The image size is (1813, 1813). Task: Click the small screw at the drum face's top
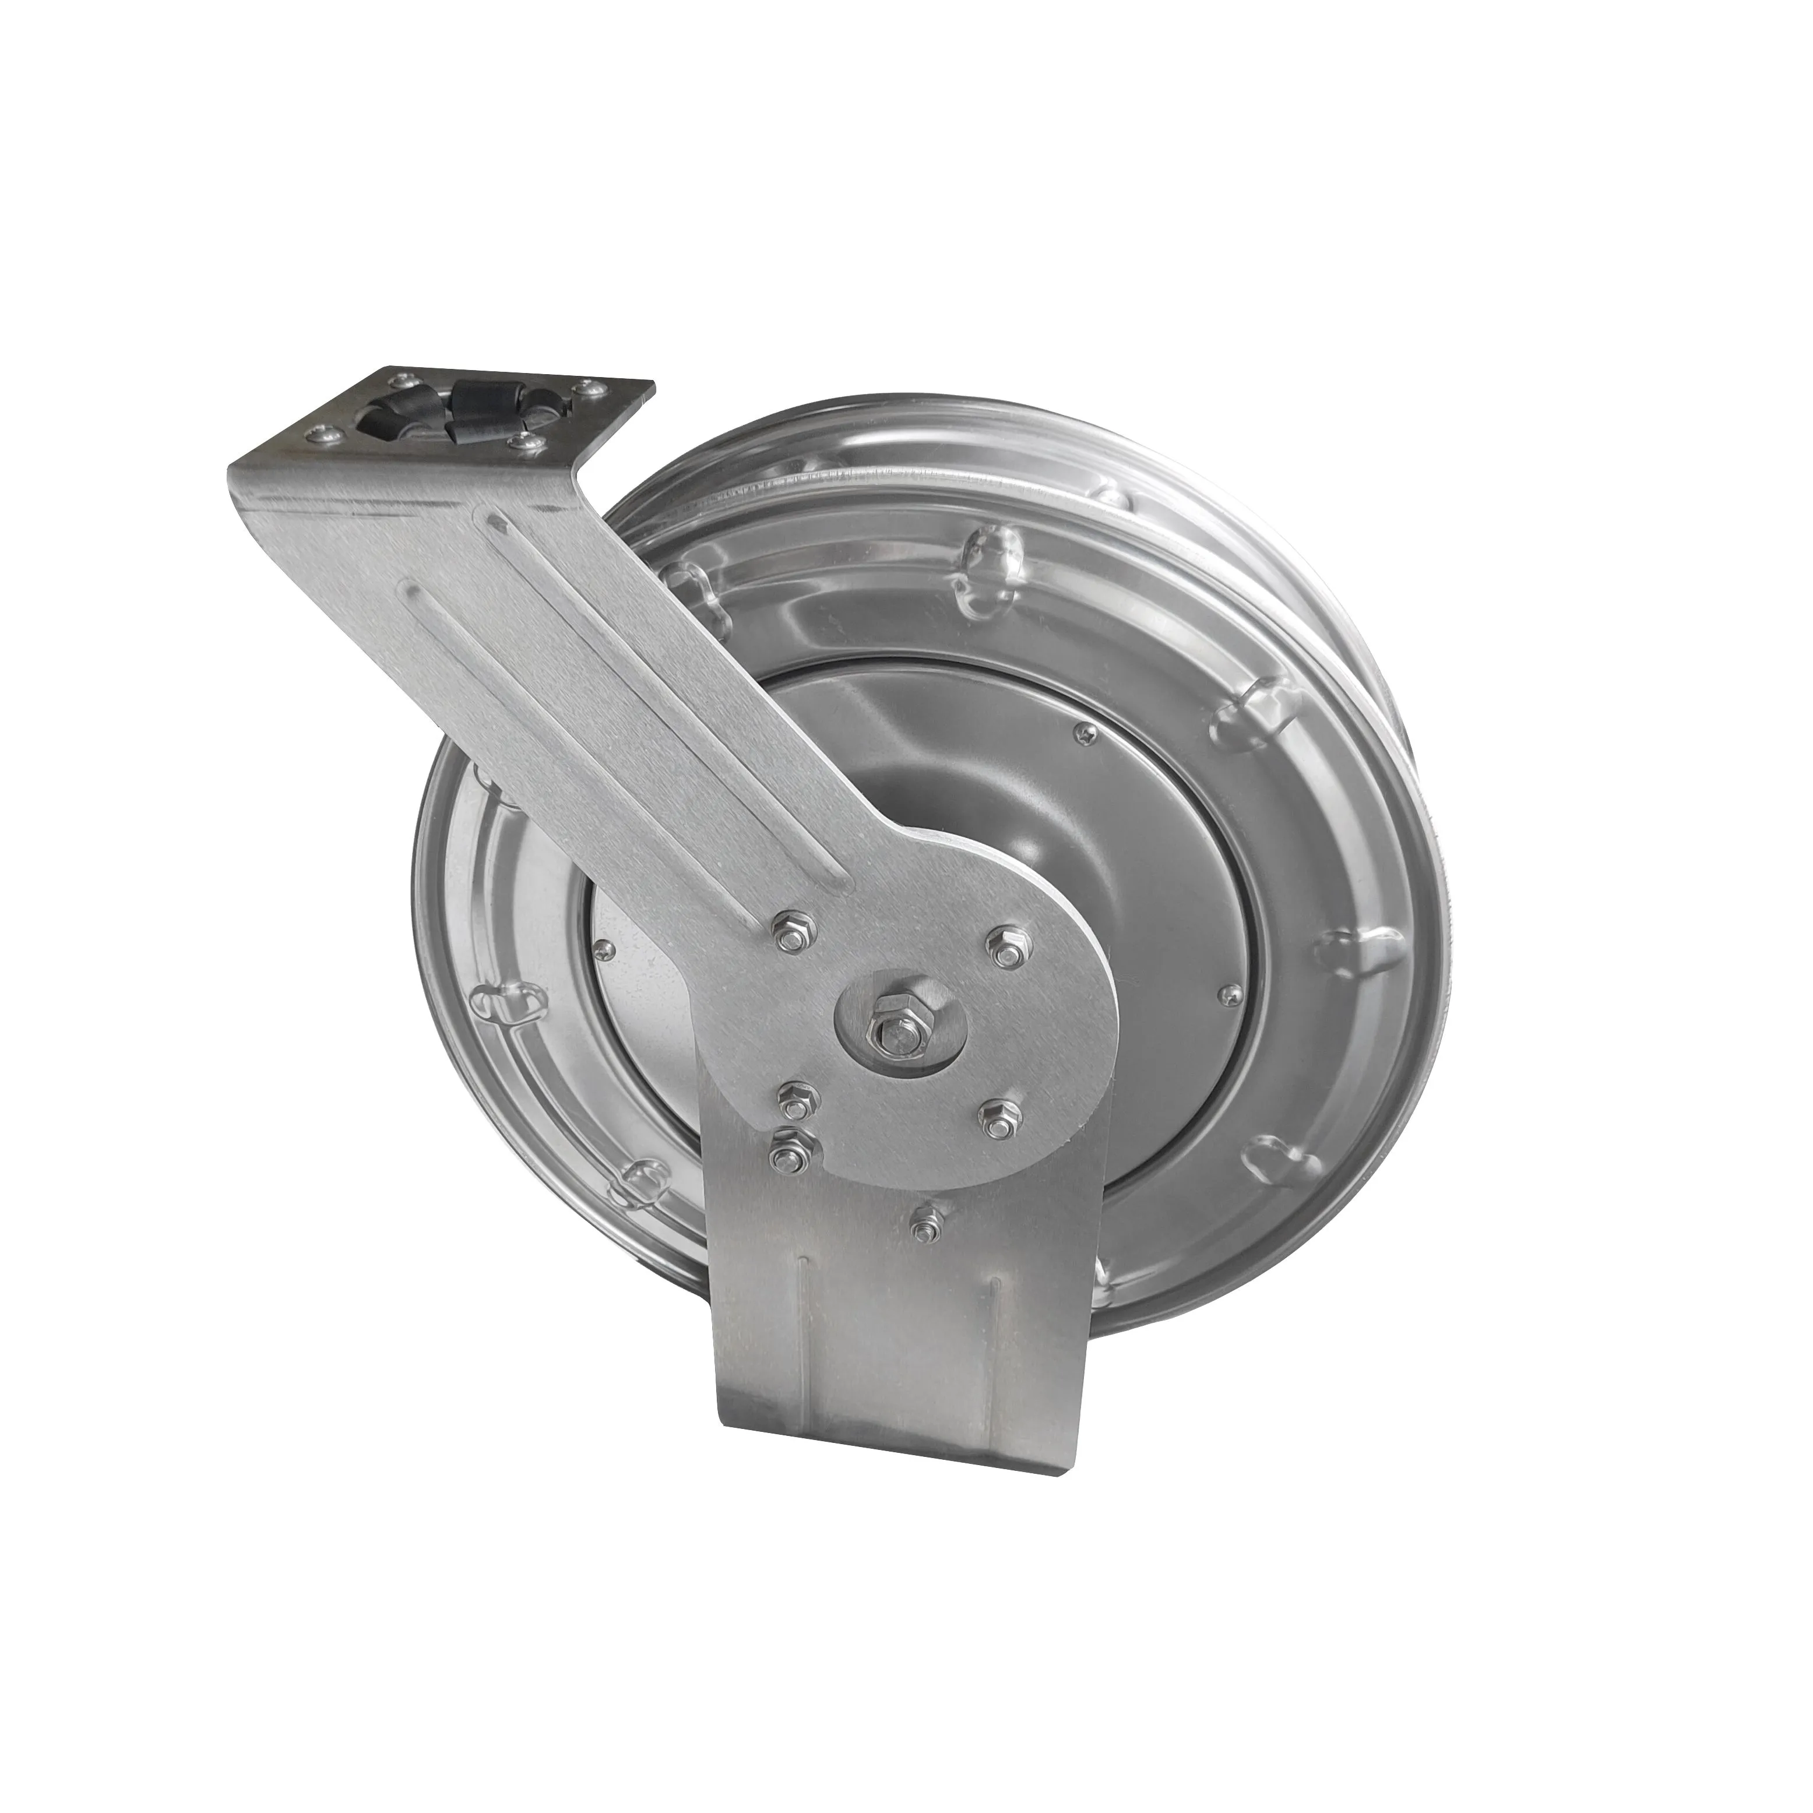click(1086, 735)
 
